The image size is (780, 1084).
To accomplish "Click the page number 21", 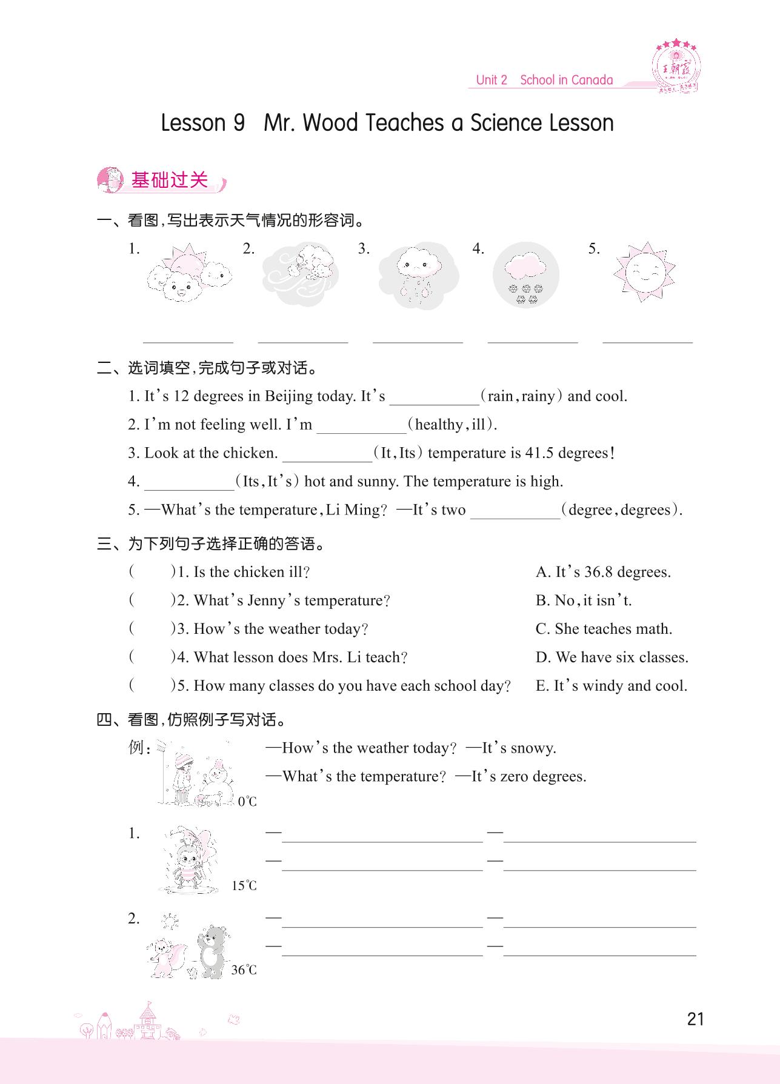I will pos(696,1019).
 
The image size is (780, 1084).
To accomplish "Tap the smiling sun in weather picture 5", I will pos(644,274).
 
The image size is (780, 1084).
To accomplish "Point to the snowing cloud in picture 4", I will pos(525,274).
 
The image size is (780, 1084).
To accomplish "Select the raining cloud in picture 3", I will pos(418,276).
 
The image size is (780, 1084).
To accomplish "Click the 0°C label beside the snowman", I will pos(247,802).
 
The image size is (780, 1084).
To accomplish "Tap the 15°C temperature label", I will pos(244,886).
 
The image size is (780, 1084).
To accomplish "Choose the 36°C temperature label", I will pos(244,970).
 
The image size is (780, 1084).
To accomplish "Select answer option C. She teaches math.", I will pos(604,629).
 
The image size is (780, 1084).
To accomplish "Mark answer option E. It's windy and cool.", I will pos(611,686).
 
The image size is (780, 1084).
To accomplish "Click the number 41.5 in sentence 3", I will pos(536,453).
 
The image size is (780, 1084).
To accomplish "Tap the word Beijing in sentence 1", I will pos(288,396).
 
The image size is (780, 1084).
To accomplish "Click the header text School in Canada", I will pos(566,80).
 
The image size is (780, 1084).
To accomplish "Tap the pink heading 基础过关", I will pos(169,180).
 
